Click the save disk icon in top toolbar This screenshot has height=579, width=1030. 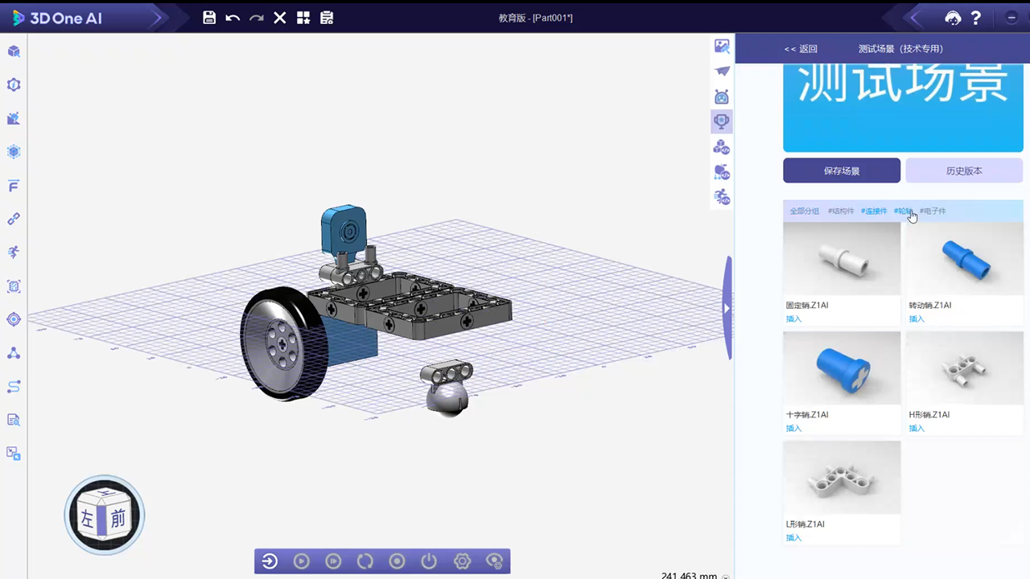pos(209,18)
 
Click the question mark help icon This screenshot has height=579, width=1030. pos(976,18)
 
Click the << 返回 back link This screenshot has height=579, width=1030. pos(801,49)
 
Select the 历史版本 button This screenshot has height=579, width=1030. pos(964,170)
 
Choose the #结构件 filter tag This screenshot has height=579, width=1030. pos(841,211)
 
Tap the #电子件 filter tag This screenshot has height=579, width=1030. pos(933,211)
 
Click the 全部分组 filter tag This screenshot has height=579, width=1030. pos(804,211)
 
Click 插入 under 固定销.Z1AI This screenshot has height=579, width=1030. pos(793,319)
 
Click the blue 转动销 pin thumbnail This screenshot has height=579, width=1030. pos(966,259)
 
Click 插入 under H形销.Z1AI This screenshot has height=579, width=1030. pos(917,429)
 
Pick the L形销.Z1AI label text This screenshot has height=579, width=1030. pos(805,524)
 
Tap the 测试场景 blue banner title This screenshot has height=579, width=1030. pos(902,84)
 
